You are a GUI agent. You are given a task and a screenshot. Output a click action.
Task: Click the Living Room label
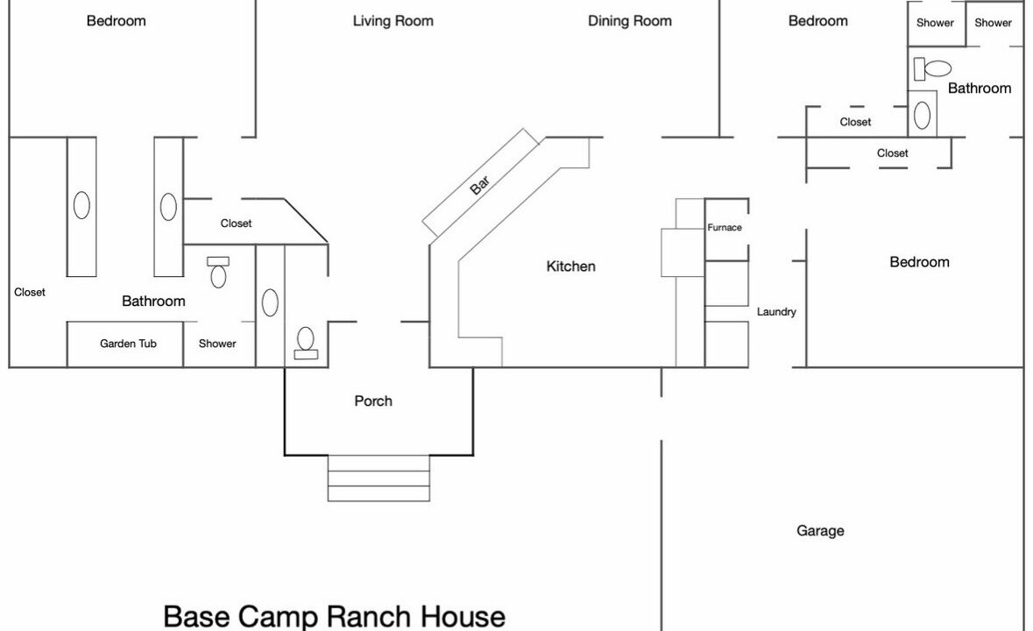tap(393, 21)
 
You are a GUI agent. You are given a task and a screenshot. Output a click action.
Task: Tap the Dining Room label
tap(630, 21)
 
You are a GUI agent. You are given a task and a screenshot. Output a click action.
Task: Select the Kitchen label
tap(570, 266)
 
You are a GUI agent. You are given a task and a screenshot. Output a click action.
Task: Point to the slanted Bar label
tap(480, 185)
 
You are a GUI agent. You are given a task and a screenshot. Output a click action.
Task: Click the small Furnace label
tap(725, 227)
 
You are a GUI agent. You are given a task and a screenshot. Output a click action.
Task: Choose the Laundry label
tap(776, 311)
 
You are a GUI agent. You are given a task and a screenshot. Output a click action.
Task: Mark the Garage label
tap(820, 531)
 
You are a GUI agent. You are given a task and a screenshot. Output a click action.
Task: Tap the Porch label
tap(373, 401)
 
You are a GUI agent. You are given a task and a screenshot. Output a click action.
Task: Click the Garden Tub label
tap(129, 344)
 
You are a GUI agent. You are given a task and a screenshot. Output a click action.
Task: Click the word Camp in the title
tap(278, 616)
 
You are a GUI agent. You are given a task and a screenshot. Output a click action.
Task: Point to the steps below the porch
tap(379, 479)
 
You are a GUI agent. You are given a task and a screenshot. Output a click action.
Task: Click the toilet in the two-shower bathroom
tap(932, 68)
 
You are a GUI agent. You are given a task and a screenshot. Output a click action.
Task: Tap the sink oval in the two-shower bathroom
tap(923, 116)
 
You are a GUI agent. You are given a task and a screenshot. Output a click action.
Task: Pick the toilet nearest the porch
tap(305, 344)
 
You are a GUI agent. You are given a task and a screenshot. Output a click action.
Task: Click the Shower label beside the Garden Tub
tap(217, 344)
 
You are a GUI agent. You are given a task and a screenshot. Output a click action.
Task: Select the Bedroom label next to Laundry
tap(920, 262)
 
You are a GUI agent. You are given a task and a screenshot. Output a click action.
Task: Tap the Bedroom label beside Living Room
tap(116, 21)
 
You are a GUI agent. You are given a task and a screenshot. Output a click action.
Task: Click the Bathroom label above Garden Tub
tap(153, 301)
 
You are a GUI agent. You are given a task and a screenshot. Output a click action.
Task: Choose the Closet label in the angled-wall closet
tap(236, 223)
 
